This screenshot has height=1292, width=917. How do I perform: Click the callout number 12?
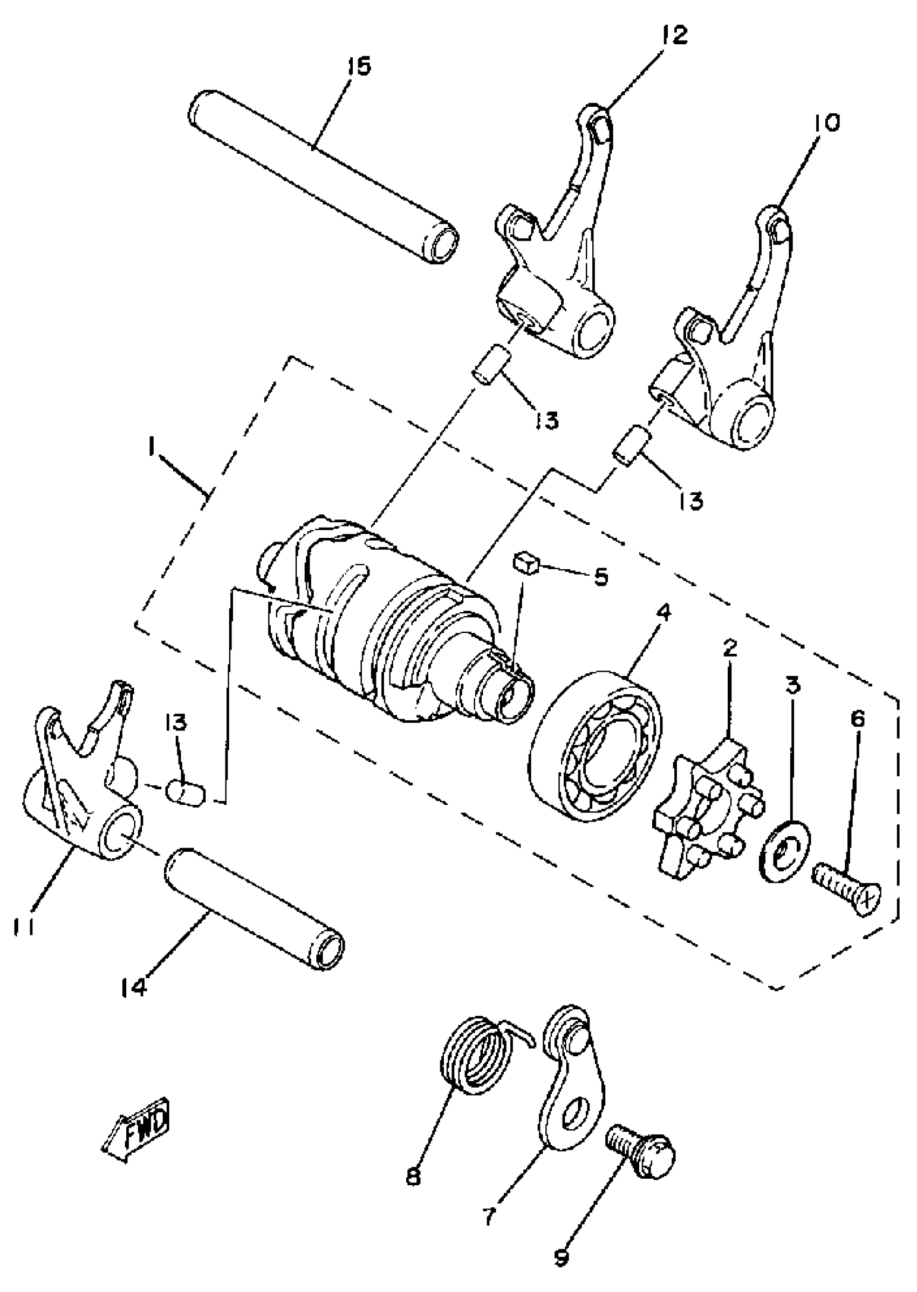pyautogui.click(x=674, y=35)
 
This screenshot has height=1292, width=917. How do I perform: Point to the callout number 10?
pyautogui.click(x=827, y=122)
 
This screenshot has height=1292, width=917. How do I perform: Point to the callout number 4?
pyautogui.click(x=664, y=612)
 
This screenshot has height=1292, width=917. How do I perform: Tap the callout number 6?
pyautogui.click(x=857, y=720)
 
